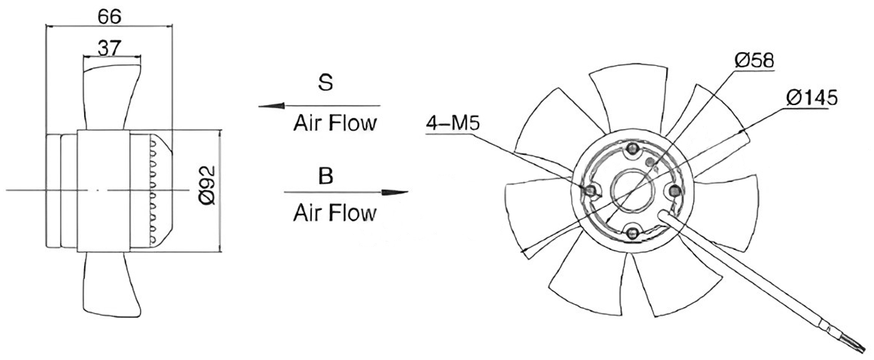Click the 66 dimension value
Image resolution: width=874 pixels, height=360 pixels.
(x=110, y=16)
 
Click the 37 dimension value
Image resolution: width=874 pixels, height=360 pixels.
(x=110, y=49)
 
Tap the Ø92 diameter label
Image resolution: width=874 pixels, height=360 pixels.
(x=207, y=185)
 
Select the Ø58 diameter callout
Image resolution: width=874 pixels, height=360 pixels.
(x=754, y=61)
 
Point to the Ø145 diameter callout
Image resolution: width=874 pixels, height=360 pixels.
(x=812, y=98)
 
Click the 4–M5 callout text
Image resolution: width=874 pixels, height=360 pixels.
(x=453, y=124)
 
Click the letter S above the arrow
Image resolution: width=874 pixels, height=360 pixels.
(x=326, y=82)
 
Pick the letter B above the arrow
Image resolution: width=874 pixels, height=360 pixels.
(x=326, y=176)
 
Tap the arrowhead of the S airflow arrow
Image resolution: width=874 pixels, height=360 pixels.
(x=271, y=106)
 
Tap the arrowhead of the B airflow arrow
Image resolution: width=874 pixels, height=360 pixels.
(x=394, y=192)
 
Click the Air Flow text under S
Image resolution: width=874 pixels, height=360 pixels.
(x=335, y=123)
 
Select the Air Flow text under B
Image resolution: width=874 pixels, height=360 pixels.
(x=335, y=213)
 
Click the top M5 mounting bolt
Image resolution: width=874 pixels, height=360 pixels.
(x=632, y=149)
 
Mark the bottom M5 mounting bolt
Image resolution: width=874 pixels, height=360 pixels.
(x=632, y=234)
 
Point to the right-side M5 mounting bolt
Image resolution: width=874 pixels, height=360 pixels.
(x=674, y=191)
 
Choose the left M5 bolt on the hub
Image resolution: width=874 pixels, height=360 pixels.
(x=591, y=191)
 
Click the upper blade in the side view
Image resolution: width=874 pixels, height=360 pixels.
(x=111, y=96)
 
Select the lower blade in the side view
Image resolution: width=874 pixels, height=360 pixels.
(x=111, y=284)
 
